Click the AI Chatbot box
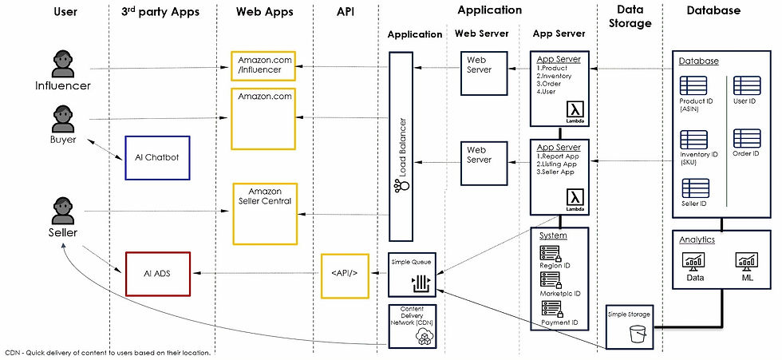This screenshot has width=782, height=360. [x=157, y=157]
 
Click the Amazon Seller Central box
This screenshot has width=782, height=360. [x=265, y=213]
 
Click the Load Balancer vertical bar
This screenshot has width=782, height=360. [x=401, y=145]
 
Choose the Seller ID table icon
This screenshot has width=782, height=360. [x=694, y=188]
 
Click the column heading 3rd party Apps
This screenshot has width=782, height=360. [x=160, y=11]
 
